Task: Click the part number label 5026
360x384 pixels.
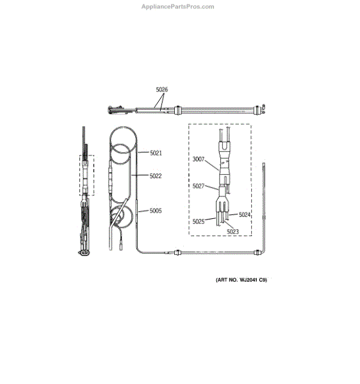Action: pos(161,90)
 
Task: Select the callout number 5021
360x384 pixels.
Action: pos(156,153)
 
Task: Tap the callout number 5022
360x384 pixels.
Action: pos(156,176)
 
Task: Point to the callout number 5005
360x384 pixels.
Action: pos(156,211)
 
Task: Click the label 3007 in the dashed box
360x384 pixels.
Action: pos(199,159)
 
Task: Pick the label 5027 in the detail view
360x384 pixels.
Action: pos(199,186)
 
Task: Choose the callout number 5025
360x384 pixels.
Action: pos(199,221)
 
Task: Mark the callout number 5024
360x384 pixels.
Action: pos(245,215)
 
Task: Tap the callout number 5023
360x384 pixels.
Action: pos(233,232)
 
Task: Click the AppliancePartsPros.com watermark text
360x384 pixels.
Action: pos(177,7)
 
